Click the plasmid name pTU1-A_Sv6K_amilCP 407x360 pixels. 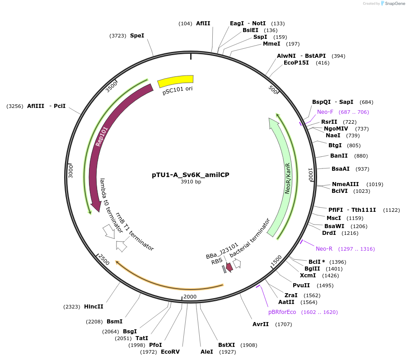coord(191,174)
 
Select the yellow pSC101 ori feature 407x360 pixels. coord(175,81)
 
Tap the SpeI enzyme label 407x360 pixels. coord(137,35)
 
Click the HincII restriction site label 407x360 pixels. coord(94,306)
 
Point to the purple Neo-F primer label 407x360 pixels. coord(325,112)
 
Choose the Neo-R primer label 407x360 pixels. coord(324,249)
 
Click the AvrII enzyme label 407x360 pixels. coord(261,324)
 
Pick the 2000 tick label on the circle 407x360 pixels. coord(190,296)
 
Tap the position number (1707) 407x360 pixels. coord(284,324)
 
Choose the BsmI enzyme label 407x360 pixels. coord(114,322)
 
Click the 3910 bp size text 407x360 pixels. coord(191,182)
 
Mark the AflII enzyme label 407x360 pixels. coord(203,23)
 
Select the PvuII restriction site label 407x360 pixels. coord(301,285)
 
